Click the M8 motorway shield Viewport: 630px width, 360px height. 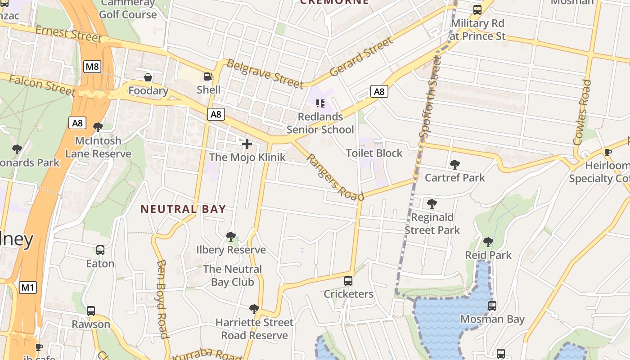click(x=92, y=67)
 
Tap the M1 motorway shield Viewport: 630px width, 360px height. click(x=27, y=287)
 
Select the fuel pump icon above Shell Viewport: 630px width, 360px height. click(x=208, y=77)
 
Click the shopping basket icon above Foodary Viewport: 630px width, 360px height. click(x=148, y=78)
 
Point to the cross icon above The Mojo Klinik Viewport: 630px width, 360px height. click(x=247, y=144)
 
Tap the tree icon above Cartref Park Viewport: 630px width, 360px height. click(x=454, y=164)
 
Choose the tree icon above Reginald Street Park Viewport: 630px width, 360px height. click(x=432, y=204)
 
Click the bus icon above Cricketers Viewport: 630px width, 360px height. click(x=348, y=281)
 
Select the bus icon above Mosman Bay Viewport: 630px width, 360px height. click(x=492, y=306)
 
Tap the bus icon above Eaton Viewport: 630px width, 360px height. click(x=100, y=250)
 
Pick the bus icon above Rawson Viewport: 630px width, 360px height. click(x=91, y=311)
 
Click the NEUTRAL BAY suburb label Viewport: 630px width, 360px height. click(x=183, y=209)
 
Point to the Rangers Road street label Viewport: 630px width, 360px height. click(x=336, y=177)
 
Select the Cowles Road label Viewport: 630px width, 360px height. click(x=582, y=112)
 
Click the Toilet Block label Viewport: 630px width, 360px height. click(x=374, y=153)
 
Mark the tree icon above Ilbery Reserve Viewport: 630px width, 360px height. click(x=231, y=236)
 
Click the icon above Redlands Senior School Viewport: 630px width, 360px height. click(x=320, y=103)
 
